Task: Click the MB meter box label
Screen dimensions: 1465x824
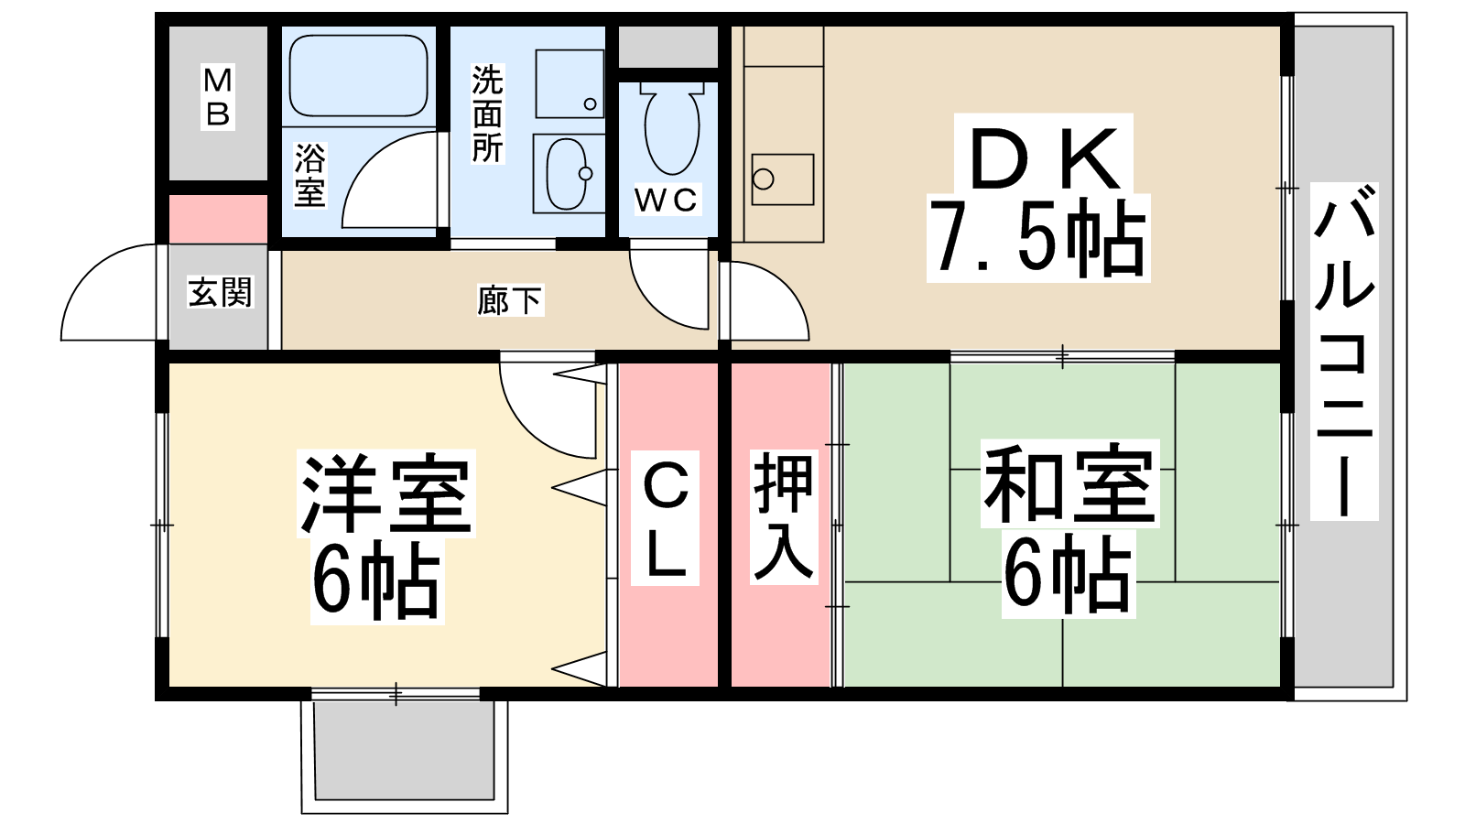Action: [218, 97]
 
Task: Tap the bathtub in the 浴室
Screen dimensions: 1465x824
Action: [358, 76]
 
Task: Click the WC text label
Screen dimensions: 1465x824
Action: [667, 200]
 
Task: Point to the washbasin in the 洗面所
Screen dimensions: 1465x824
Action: [567, 174]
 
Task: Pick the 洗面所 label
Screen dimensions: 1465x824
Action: [488, 114]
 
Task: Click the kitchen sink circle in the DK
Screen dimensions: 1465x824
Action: [764, 179]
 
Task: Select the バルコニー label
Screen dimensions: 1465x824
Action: [1344, 352]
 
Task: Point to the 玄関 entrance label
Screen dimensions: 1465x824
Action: [221, 292]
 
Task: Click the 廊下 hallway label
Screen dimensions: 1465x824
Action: [509, 301]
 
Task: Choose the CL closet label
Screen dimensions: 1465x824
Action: [665, 518]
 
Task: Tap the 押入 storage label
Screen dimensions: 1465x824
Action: [784, 516]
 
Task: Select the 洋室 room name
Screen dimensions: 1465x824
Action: [385, 493]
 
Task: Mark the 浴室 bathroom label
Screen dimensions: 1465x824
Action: [309, 175]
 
